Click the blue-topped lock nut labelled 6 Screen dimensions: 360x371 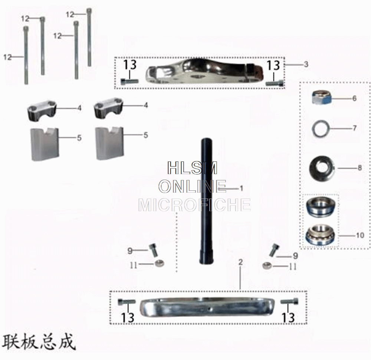click(x=321, y=98)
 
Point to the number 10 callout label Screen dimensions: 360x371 click(x=360, y=235)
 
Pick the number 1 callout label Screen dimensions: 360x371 click(x=241, y=189)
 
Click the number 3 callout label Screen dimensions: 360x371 click(x=306, y=64)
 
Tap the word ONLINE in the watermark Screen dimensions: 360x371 click(x=192, y=186)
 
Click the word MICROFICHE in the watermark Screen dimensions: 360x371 click(x=194, y=205)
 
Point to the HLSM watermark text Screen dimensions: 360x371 click(x=192, y=168)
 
